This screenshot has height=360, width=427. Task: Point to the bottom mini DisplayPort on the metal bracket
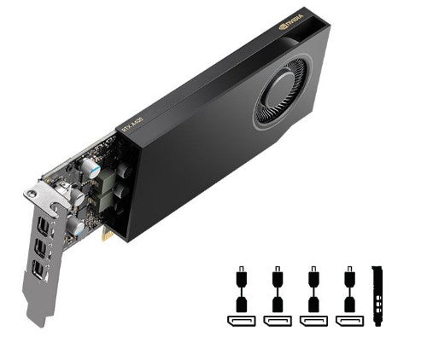(36, 271)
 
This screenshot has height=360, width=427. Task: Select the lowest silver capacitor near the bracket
(76, 228)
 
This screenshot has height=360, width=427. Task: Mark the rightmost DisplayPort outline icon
(348, 321)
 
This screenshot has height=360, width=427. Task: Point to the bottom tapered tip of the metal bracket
(38, 320)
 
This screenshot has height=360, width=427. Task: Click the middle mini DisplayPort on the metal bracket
(39, 249)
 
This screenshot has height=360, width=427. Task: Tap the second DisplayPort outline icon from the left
(277, 321)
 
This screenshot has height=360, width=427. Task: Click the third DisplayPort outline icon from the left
(313, 321)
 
